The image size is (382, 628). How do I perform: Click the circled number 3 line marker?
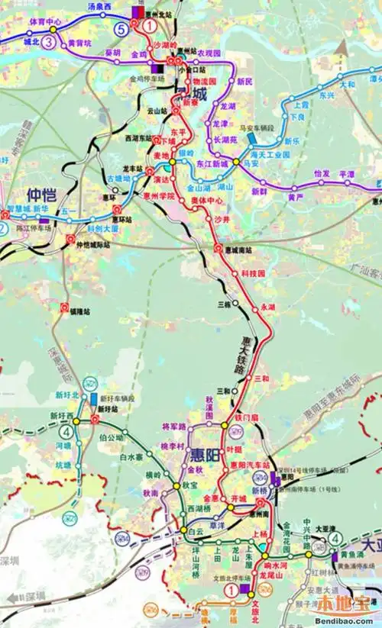[x=49, y=41]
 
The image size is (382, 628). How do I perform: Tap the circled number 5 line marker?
[x=121, y=29]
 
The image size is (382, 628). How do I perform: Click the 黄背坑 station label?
[x=79, y=43]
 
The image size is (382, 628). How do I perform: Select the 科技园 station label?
[x=252, y=272]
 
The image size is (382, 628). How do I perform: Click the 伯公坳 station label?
[x=112, y=437]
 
